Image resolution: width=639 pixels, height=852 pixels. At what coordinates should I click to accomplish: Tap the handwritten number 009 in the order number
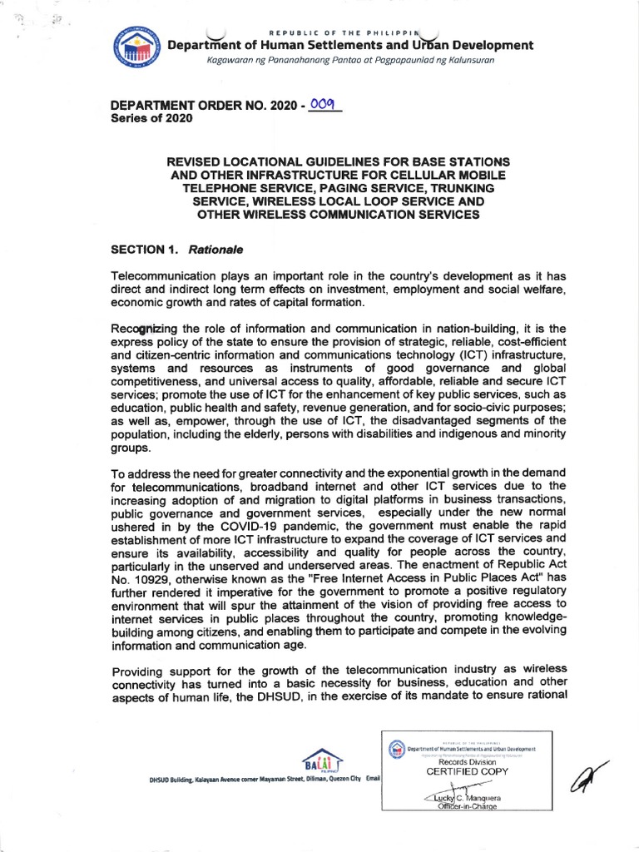(x=323, y=104)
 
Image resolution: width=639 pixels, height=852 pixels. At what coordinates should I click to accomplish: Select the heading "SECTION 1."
(x=145, y=249)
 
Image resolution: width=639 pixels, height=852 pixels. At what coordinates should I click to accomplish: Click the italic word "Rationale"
(x=215, y=249)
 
